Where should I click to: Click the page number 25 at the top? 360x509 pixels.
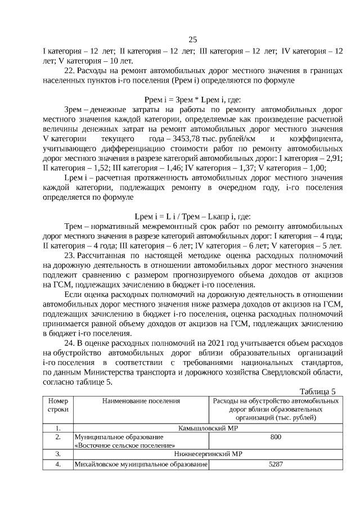(x=192, y=39)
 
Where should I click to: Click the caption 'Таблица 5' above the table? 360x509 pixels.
(x=318, y=392)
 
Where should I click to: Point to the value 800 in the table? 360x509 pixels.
(x=276, y=437)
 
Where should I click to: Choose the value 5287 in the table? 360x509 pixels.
(x=276, y=465)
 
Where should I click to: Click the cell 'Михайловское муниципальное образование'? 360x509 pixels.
(x=141, y=465)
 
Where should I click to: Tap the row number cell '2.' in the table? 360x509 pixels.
(x=58, y=437)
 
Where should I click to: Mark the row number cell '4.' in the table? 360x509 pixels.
(x=58, y=465)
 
